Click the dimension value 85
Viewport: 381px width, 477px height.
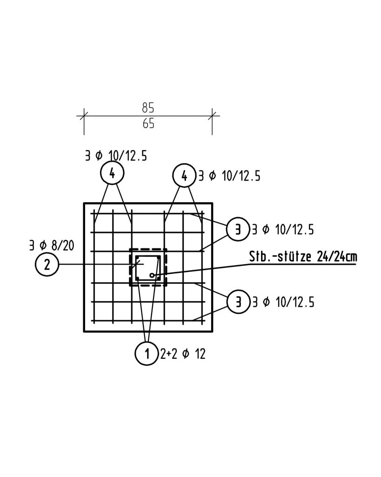click(x=148, y=108)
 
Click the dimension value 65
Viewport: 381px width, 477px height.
click(x=148, y=124)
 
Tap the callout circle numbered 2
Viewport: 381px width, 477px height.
click(x=47, y=265)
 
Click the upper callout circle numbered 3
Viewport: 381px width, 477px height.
click(x=238, y=229)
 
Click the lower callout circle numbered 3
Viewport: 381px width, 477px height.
click(x=239, y=302)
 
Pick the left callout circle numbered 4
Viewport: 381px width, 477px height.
click(x=112, y=173)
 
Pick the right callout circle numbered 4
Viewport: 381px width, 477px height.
click(x=184, y=176)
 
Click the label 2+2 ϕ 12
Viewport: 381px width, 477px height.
click(x=183, y=354)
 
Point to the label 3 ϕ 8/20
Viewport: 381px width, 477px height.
click(x=52, y=245)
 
